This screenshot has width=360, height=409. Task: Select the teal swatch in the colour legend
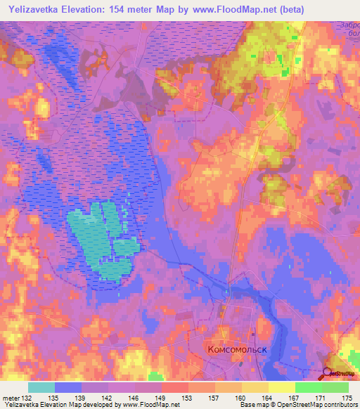(x=41, y=387)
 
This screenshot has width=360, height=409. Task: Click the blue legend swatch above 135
(x=68, y=387)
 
